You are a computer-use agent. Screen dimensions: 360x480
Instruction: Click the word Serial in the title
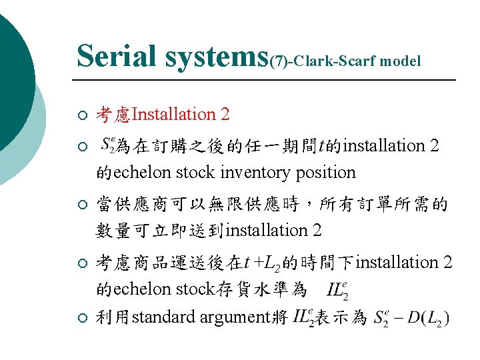[x=117, y=56]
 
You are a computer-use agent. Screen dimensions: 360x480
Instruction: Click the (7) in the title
[x=279, y=61]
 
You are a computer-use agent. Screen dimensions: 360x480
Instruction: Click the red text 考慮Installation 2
[x=163, y=115]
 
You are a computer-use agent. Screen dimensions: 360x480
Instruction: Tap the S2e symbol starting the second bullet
[x=109, y=144]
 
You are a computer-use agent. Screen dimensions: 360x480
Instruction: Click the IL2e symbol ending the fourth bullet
[x=337, y=290]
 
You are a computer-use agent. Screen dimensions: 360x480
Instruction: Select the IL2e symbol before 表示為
[x=302, y=317]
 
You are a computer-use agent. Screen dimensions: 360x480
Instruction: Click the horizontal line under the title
[x=267, y=80]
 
